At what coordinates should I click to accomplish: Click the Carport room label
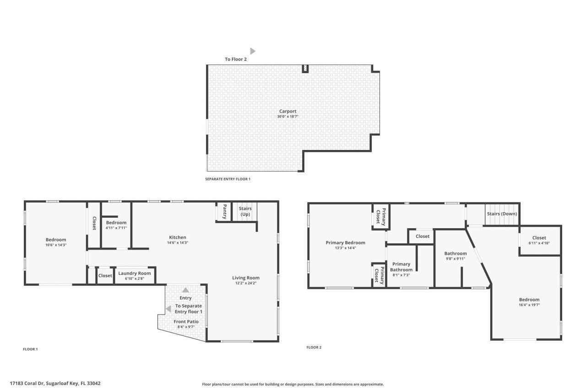(x=288, y=111)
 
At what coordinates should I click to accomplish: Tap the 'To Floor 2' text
(x=236, y=59)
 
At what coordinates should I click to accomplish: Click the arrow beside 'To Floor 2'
(x=252, y=51)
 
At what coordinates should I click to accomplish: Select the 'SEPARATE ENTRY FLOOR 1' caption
(x=228, y=179)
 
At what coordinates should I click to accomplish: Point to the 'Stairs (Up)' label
(x=245, y=212)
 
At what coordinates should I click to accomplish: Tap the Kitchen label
(x=178, y=237)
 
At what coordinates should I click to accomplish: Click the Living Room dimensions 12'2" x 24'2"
(x=246, y=283)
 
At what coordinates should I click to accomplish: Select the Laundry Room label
(x=134, y=273)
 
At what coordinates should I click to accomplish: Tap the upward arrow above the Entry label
(x=185, y=290)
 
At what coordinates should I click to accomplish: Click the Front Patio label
(x=186, y=321)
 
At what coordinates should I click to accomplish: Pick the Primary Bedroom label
(x=345, y=243)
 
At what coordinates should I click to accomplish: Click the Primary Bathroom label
(x=401, y=267)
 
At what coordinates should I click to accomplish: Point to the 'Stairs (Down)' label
(x=502, y=214)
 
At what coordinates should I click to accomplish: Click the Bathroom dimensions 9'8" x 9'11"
(x=456, y=259)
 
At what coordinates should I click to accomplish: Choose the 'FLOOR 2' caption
(x=314, y=347)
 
